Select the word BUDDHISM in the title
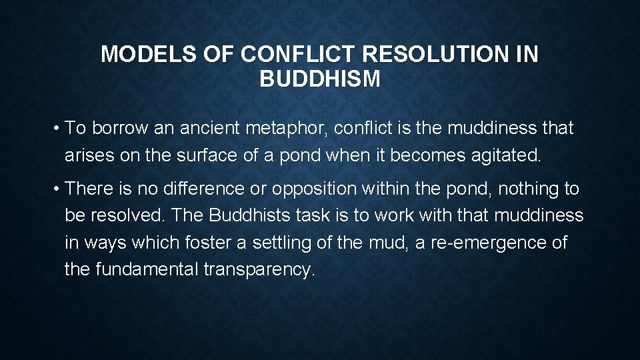click(x=320, y=80)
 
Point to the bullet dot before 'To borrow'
click(x=59, y=128)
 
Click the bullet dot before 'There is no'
click(x=59, y=189)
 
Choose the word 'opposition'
click(x=314, y=189)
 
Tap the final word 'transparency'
click(x=263, y=269)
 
